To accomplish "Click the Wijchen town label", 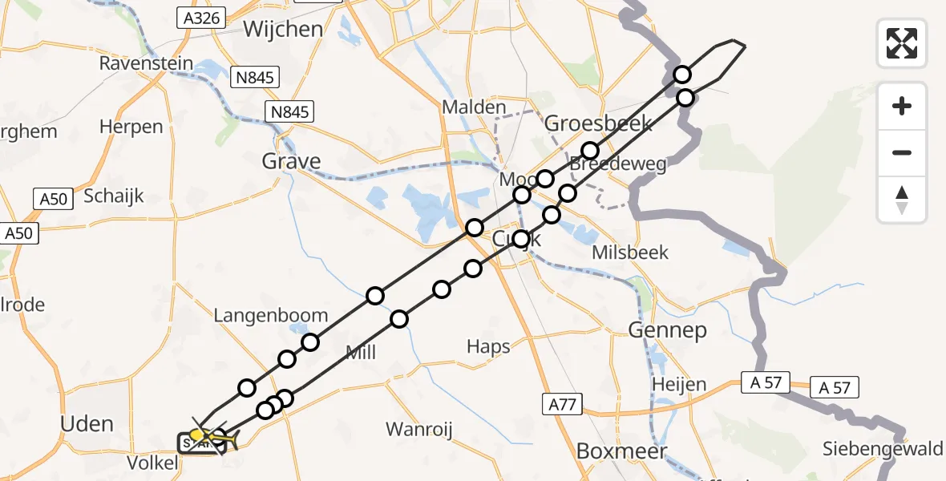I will point(283,30).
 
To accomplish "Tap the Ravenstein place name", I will point(148,63).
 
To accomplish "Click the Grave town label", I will point(291,161).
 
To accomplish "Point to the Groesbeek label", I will point(598,124).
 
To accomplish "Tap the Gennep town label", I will point(667,329).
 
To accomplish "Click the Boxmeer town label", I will point(622,451).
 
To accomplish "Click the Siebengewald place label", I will point(883,449).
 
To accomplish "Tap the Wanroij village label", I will point(419,429).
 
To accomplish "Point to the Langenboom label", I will point(271,315).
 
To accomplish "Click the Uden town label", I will point(87,423).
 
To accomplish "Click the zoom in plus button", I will point(902,106).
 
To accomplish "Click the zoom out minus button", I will point(902,152).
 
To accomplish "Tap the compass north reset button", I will point(902,200).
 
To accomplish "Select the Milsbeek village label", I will point(629,253).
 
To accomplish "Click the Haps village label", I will point(488,346).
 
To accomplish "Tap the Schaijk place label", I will point(113,196).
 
